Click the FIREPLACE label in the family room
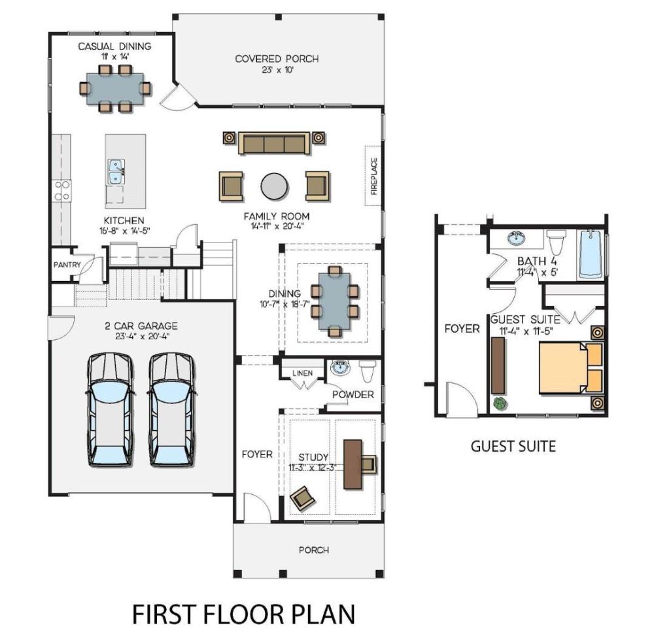(x=373, y=176)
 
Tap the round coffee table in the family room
(x=274, y=187)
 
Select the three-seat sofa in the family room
(x=274, y=143)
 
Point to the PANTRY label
(x=67, y=265)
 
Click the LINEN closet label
(x=302, y=373)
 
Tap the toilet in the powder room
(x=368, y=371)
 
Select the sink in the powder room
(x=341, y=368)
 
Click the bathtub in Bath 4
(x=591, y=253)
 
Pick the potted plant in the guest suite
(x=500, y=403)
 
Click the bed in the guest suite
(x=570, y=367)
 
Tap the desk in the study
(x=353, y=464)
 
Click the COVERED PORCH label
(x=277, y=59)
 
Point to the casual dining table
(x=115, y=89)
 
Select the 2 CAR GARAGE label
(x=141, y=326)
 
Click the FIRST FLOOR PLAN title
(x=243, y=614)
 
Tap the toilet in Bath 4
(x=556, y=242)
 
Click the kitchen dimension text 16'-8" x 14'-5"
(x=125, y=231)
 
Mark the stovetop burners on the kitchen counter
(x=61, y=190)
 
